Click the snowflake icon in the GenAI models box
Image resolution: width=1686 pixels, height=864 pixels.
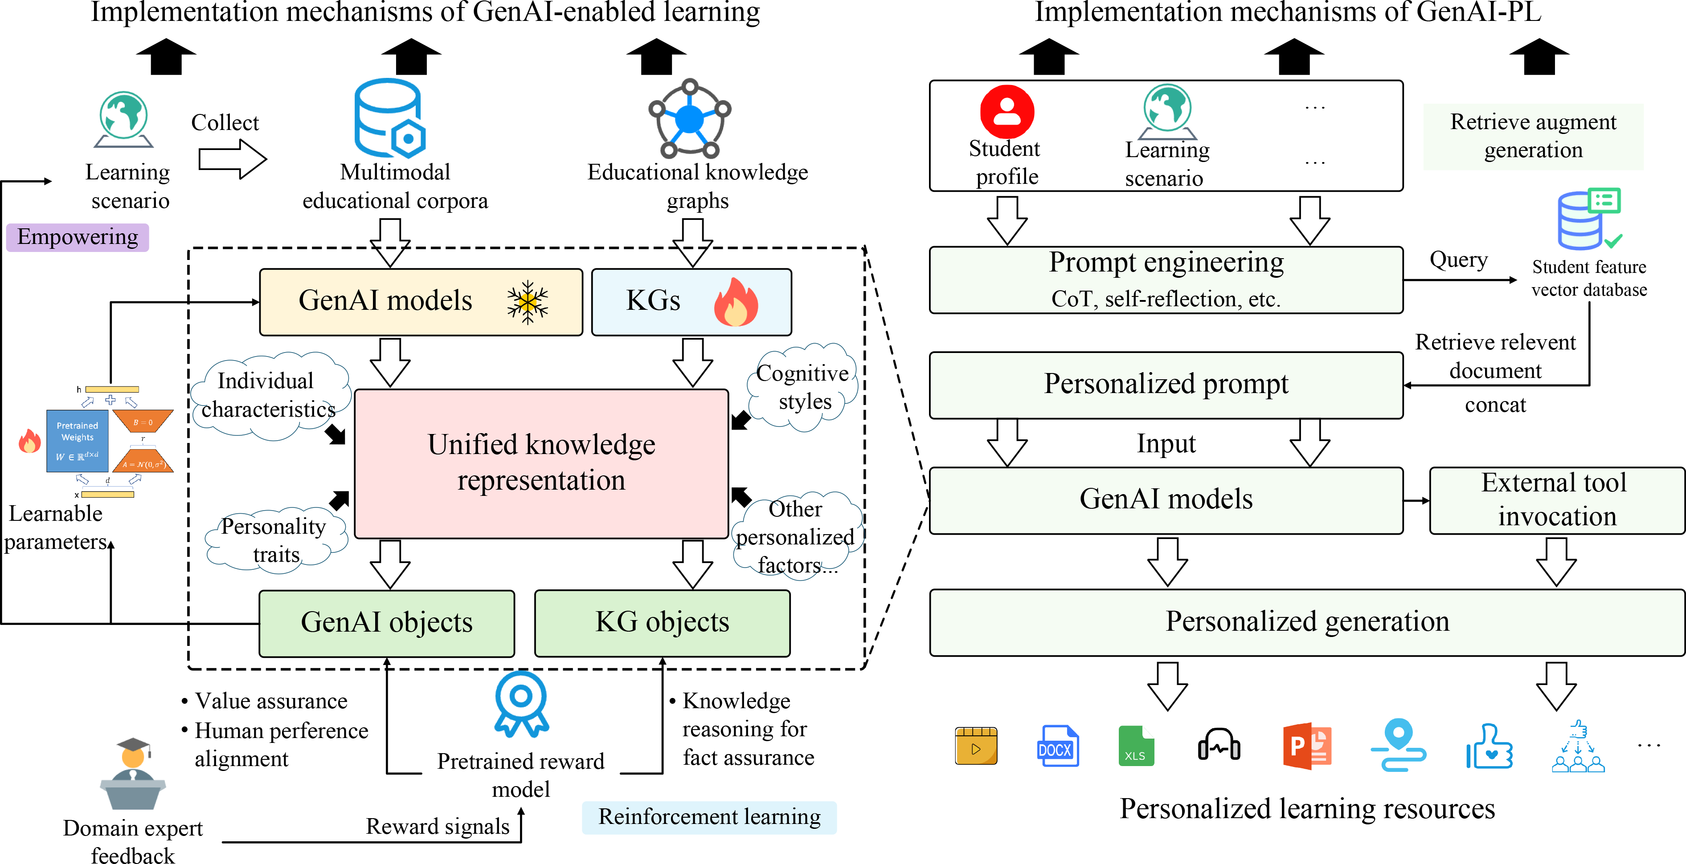coord(527,302)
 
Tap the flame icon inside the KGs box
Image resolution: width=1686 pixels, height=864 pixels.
coord(736,302)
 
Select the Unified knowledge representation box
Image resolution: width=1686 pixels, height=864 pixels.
coord(541,463)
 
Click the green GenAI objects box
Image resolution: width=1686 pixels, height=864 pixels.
coord(386,623)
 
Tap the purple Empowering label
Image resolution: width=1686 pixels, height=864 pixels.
coord(77,237)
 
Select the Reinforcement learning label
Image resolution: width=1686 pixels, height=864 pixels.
coord(709,817)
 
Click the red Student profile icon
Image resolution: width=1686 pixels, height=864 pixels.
coord(1007,112)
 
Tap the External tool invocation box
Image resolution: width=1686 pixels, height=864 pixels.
coord(1556,500)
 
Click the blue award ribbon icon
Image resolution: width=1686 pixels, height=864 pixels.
coord(521,703)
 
